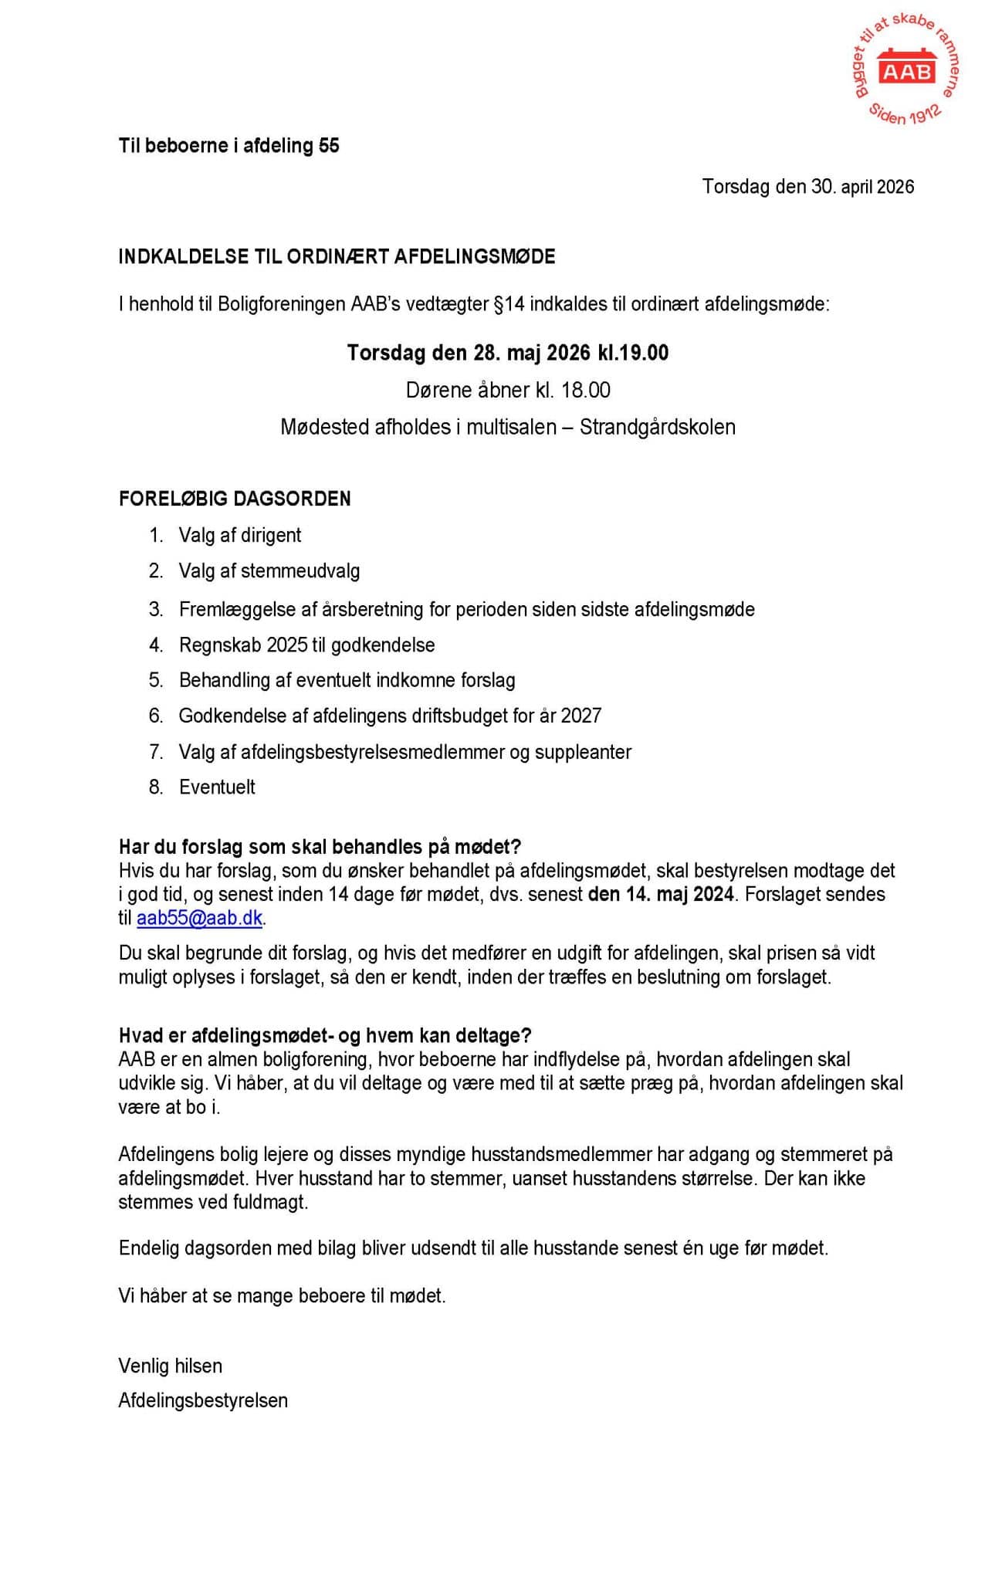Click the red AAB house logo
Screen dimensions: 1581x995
point(907,69)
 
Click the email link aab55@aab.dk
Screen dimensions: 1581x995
point(199,919)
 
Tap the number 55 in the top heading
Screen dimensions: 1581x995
point(329,146)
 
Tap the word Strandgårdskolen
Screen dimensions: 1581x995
point(657,427)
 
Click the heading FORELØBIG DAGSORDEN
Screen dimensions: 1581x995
point(235,499)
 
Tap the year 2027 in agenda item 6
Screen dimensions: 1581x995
point(580,716)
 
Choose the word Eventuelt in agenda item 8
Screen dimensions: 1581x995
point(217,787)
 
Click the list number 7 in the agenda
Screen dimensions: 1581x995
point(156,752)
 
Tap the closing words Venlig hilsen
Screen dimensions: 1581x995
point(170,1366)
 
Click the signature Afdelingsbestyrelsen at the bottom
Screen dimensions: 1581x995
point(203,1400)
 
